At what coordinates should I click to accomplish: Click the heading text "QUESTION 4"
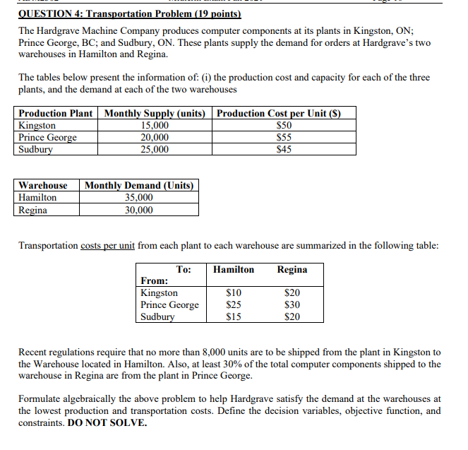49,14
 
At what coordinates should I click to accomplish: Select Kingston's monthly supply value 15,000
155,126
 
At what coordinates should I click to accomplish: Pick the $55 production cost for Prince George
284,137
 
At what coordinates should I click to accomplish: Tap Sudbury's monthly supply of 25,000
155,149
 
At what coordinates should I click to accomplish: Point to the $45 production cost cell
284,149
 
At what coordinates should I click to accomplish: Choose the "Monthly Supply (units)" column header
155,114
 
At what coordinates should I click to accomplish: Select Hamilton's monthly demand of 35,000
138,198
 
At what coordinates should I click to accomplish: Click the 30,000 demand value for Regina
138,210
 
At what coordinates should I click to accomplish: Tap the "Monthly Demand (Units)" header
138,185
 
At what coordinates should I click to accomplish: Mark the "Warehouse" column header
43,185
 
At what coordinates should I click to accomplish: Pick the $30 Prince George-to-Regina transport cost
292,304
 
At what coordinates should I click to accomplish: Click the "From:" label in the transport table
155,280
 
